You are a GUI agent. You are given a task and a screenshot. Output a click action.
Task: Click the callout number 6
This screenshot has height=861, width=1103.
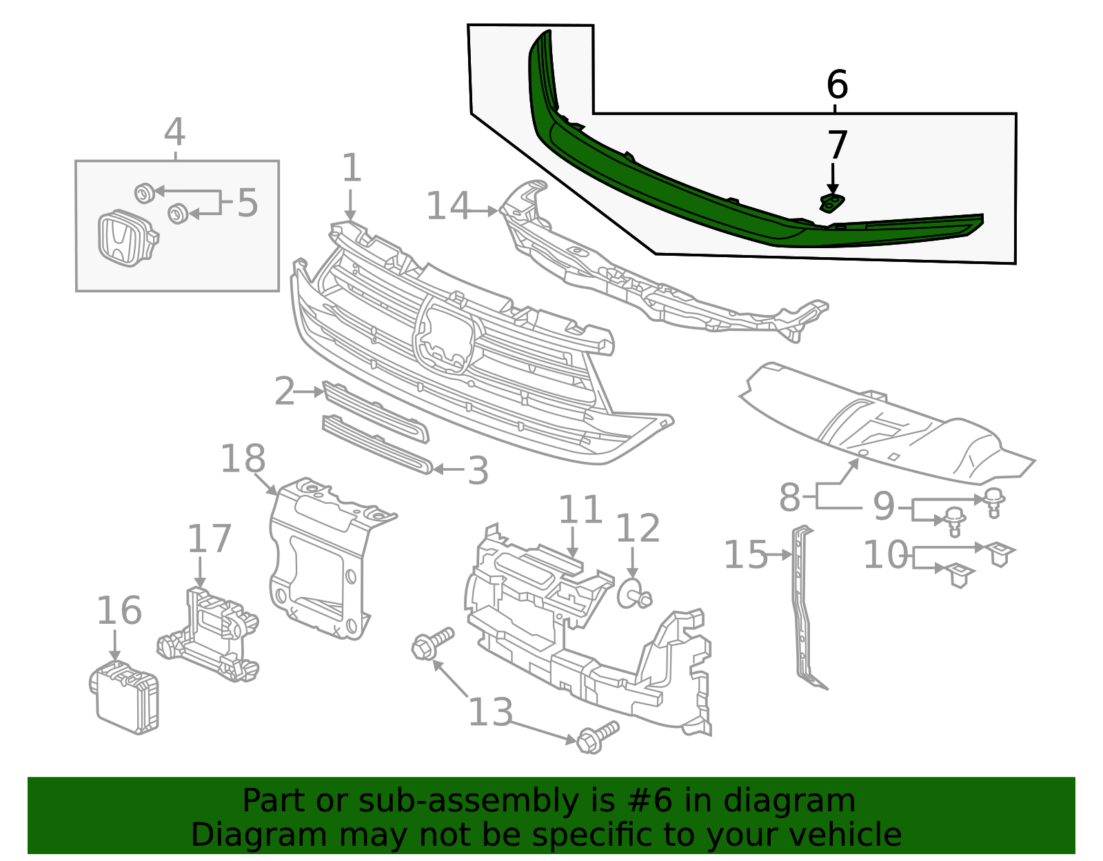pos(837,85)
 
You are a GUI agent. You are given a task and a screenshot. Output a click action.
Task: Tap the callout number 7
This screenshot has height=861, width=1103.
pos(836,146)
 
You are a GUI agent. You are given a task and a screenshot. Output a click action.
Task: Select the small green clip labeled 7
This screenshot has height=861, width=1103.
pos(831,202)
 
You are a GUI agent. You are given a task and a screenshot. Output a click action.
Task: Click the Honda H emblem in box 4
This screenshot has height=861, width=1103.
pos(122,238)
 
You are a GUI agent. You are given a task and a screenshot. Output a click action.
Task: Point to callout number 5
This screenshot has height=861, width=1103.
pos(247,203)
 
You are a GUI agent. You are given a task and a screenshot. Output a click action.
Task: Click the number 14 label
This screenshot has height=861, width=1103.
pos(448,207)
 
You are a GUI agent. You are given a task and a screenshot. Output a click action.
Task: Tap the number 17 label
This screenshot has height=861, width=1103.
pos(209,539)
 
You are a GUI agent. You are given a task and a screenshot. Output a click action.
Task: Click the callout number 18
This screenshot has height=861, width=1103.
pos(243,459)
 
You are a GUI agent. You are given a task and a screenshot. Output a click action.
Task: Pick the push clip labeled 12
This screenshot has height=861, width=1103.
pos(633,594)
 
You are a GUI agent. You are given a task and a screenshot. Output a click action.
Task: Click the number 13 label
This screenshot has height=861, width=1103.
pos(490,712)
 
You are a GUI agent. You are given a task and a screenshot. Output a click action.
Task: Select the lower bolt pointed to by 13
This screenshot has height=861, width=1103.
pos(597,738)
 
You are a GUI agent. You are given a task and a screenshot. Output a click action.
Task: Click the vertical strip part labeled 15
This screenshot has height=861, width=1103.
pos(802,607)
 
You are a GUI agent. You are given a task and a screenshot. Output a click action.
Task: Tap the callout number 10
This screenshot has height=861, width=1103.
pos(886,554)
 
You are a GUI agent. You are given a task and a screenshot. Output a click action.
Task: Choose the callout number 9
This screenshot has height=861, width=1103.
pos(884,507)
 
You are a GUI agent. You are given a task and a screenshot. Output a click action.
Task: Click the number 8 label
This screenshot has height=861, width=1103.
pos(789,498)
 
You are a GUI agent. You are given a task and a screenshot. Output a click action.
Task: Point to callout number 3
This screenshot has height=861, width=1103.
pos(478,472)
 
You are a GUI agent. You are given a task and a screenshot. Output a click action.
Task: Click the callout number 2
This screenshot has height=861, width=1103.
pos(284,392)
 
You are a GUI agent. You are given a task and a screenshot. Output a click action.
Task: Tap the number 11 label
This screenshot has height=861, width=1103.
pos(580,511)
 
